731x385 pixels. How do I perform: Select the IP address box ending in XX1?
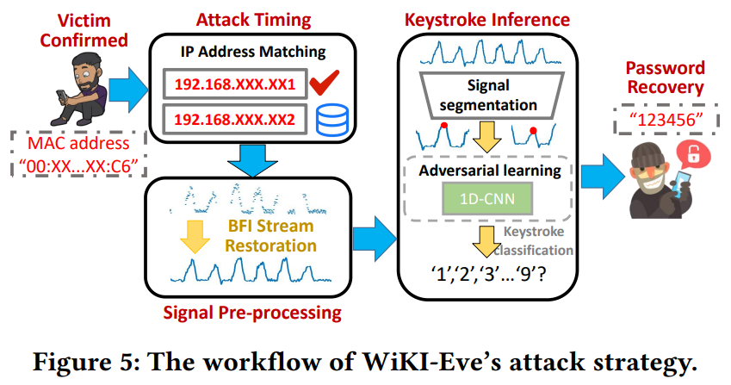233,84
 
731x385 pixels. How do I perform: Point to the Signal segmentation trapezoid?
489,96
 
